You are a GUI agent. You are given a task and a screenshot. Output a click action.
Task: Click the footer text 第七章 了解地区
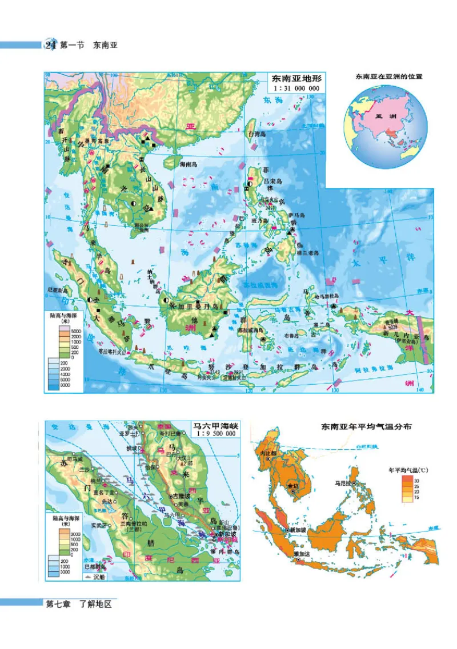click(x=78, y=605)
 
